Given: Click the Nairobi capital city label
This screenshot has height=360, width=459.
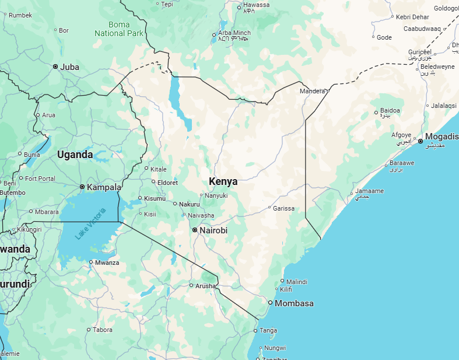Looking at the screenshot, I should pyautogui.click(x=213, y=230).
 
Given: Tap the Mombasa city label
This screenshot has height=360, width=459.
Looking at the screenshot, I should pyautogui.click(x=294, y=303).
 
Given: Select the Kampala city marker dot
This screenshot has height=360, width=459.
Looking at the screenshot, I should pyautogui.click(x=82, y=187).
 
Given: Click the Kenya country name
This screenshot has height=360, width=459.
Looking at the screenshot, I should pyautogui.click(x=223, y=181).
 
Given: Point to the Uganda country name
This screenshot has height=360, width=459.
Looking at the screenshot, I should pyautogui.click(x=75, y=155).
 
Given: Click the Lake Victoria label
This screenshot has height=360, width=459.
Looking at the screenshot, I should pyautogui.click(x=90, y=223).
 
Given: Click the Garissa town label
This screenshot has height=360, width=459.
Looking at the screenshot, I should pyautogui.click(x=283, y=208).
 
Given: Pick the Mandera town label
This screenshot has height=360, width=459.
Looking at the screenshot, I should pyautogui.click(x=312, y=92).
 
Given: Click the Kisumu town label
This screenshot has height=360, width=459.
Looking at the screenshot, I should pyautogui.click(x=155, y=198).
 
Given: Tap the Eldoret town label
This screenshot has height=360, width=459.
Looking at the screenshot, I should pyautogui.click(x=167, y=182).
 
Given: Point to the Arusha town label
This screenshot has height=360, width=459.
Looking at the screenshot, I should pyautogui.click(x=205, y=285).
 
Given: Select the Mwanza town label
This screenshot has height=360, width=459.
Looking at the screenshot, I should pyautogui.click(x=107, y=263).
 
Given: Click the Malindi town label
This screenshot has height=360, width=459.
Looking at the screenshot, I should pyautogui.click(x=296, y=282).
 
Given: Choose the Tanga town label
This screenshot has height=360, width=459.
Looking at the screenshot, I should pyautogui.click(x=268, y=331).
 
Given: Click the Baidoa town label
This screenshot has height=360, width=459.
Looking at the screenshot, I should pyautogui.click(x=390, y=111).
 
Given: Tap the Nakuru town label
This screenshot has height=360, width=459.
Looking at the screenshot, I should pyautogui.click(x=190, y=204).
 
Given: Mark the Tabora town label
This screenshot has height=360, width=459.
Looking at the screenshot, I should pyautogui.click(x=103, y=330).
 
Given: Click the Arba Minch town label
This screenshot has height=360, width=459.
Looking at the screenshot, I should pyautogui.click(x=234, y=33).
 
